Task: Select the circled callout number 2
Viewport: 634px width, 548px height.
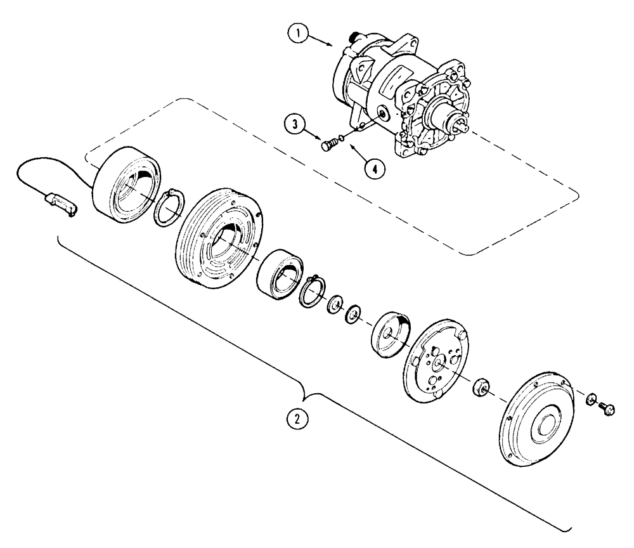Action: pyautogui.click(x=293, y=418)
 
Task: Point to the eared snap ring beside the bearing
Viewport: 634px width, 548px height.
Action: pyautogui.click(x=311, y=290)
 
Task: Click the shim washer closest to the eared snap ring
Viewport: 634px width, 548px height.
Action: pyautogui.click(x=333, y=305)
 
